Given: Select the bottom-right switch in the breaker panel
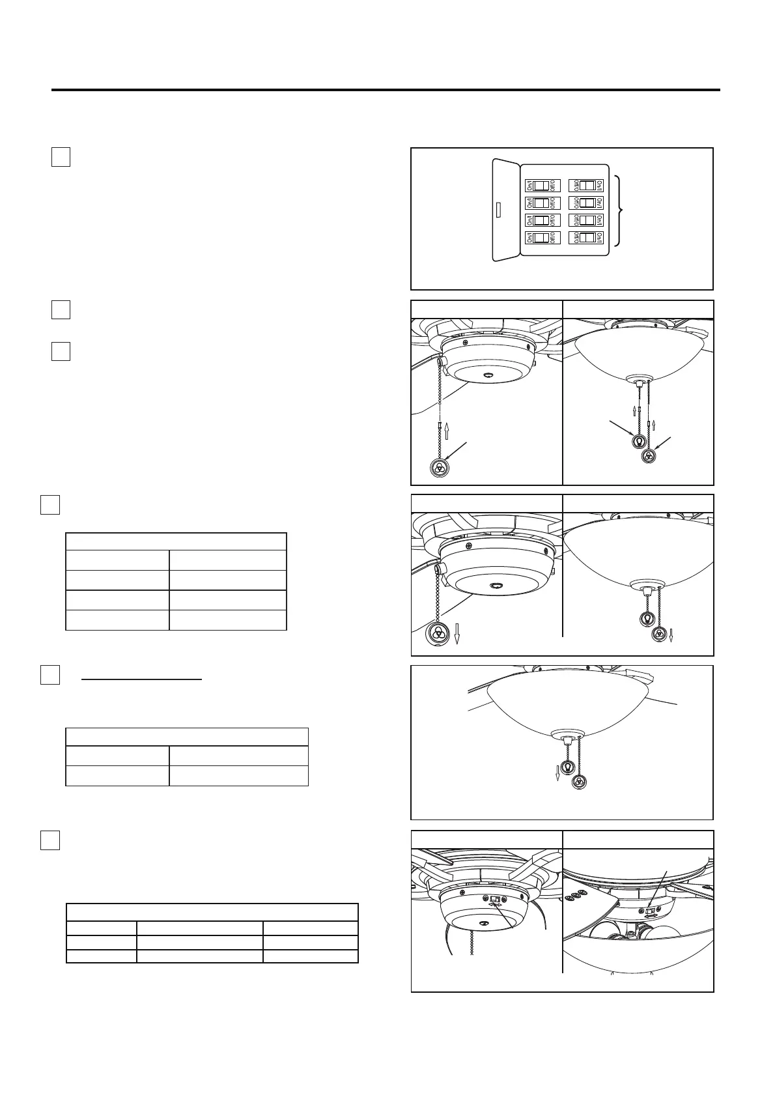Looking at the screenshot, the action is [x=586, y=238].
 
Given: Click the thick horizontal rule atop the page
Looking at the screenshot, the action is [x=386, y=90].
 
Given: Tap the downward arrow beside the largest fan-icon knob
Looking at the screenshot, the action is [x=457, y=633].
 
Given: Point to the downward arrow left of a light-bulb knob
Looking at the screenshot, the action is [x=557, y=773].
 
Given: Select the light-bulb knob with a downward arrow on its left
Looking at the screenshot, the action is [x=567, y=767].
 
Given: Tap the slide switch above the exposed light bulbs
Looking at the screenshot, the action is [x=649, y=909].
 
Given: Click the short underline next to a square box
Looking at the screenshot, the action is [x=142, y=679].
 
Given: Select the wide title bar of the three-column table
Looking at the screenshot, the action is [x=212, y=912].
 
